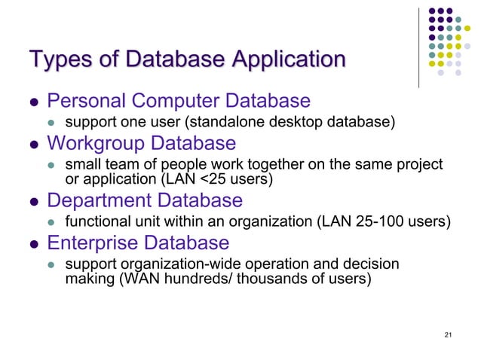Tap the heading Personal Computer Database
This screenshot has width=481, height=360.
179,100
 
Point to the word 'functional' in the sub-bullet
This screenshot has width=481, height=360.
95,221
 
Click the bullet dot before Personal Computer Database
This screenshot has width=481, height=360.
33,102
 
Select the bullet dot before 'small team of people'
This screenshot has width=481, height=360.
51,165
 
